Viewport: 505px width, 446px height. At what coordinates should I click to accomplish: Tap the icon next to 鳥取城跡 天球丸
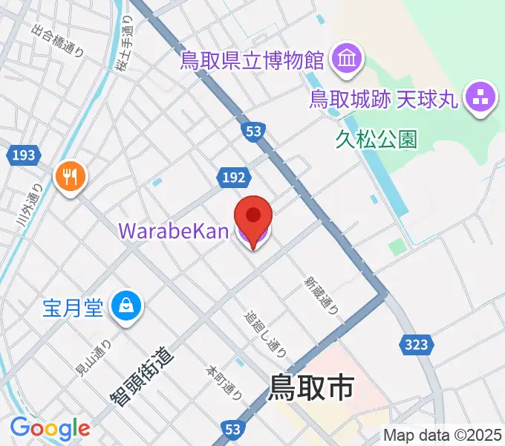480,98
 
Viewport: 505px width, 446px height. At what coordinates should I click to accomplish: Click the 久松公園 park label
376,139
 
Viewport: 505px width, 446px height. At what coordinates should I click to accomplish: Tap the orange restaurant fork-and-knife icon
71,177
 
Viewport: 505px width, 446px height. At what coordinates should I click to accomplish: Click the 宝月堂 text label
72,306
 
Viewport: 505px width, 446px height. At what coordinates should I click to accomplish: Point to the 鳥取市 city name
310,387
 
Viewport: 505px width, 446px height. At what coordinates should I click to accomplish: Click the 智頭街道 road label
143,376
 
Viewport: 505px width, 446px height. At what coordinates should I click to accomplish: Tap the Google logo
50,427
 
